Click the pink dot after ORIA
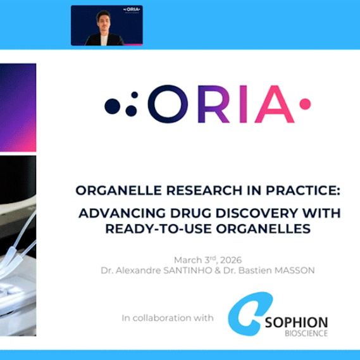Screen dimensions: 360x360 pyautogui.click(x=306, y=102)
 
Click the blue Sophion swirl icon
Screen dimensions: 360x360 pyautogui.click(x=247, y=318)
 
